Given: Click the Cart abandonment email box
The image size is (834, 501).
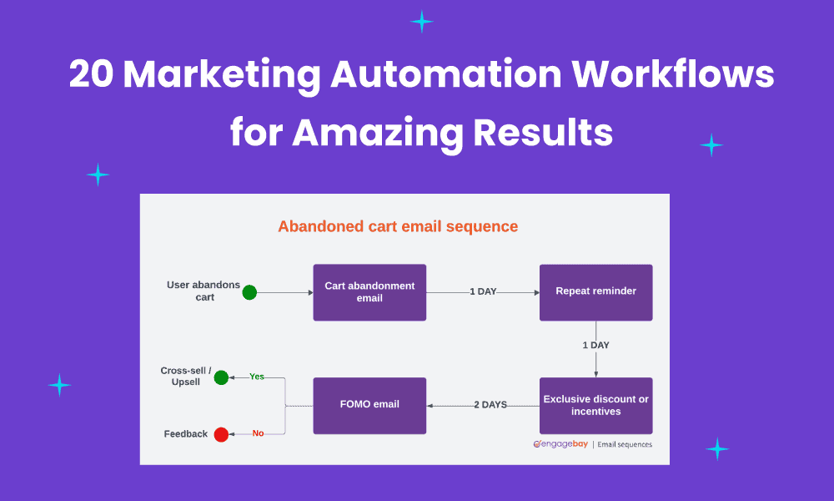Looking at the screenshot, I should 369,292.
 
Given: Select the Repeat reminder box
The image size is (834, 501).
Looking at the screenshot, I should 595,292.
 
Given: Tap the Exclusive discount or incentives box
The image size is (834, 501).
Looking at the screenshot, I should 595,405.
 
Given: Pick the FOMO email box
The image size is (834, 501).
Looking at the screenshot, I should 369,405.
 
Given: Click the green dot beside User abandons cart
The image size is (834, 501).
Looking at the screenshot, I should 249,292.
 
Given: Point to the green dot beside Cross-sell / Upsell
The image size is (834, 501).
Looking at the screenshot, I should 221,377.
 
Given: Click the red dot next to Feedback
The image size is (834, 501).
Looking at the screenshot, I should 221,434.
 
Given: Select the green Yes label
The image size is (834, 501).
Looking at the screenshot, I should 257,377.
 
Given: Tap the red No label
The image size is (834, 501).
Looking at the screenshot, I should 258,433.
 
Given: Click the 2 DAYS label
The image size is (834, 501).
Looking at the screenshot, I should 490,405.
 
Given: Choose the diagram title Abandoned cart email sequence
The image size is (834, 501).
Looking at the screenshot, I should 398,226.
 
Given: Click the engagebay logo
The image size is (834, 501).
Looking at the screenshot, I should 560,444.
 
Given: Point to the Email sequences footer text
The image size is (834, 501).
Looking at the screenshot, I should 625,444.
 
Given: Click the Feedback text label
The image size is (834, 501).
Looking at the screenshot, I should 186,434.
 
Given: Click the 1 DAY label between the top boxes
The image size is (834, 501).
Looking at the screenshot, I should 483,292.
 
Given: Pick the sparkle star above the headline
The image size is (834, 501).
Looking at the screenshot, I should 422,22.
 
